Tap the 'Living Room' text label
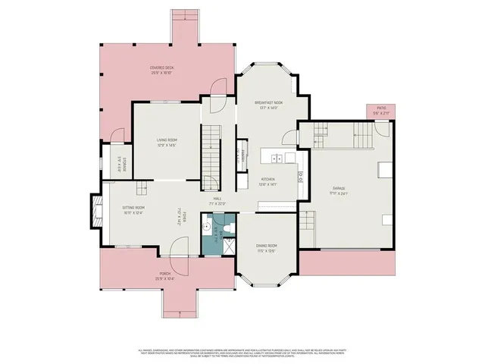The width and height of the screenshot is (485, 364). [167, 141]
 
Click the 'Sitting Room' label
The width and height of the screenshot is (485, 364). [134, 209]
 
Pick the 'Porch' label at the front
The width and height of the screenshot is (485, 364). [164, 275]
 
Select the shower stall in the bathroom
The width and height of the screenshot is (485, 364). [228, 243]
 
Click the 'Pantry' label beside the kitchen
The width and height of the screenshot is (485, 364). [241, 155]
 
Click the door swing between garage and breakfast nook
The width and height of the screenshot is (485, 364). [290, 137]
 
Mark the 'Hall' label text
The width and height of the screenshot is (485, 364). [217, 200]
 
